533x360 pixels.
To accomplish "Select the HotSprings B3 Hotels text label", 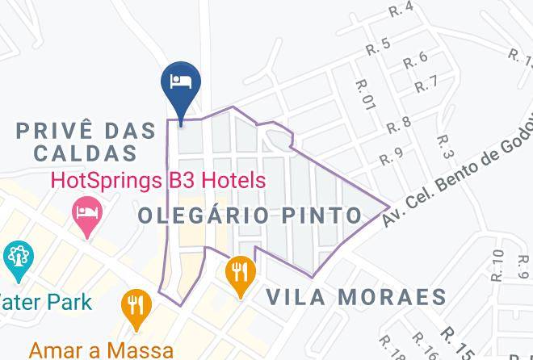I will [x=157, y=179].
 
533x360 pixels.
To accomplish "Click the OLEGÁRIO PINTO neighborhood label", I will [x=250, y=216].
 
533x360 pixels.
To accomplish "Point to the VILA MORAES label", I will [x=357, y=296].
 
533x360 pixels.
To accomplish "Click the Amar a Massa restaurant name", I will [x=101, y=350].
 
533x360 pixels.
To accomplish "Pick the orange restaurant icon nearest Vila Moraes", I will [x=241, y=269].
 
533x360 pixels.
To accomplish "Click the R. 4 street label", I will [x=401, y=8].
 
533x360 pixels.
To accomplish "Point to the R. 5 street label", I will [x=378, y=46].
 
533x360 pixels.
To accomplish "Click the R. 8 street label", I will [x=399, y=123].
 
